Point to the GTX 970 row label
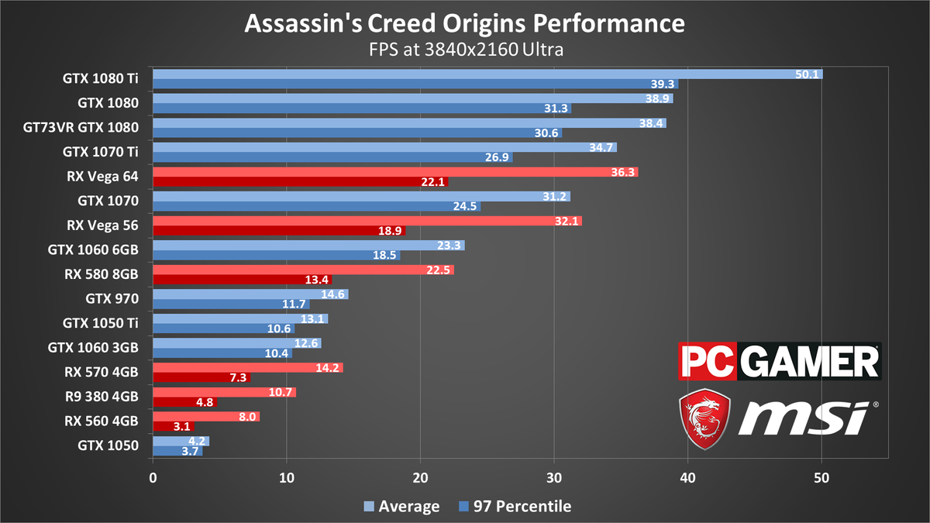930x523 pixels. (x=112, y=299)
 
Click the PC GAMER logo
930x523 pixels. (x=780, y=362)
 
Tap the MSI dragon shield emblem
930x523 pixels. (x=704, y=417)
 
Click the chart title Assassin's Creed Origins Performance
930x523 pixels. (x=465, y=23)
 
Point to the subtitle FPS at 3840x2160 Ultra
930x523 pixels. (x=465, y=50)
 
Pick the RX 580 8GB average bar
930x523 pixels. (x=303, y=270)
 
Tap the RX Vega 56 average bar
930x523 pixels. (x=367, y=221)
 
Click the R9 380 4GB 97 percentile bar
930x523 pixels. (x=184, y=402)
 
